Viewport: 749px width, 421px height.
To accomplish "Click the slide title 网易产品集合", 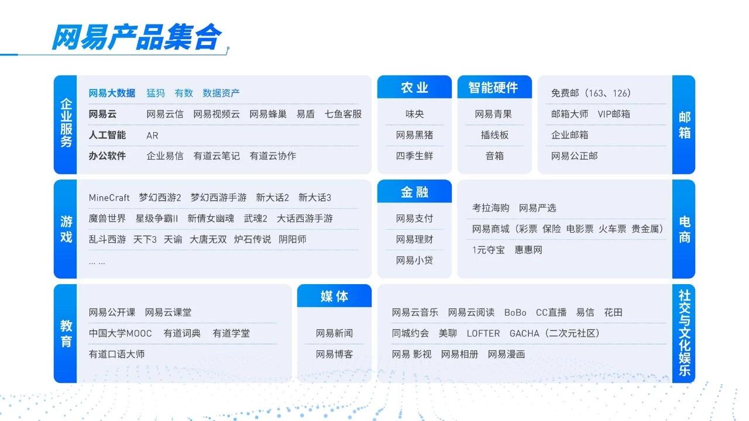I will pos(136,37).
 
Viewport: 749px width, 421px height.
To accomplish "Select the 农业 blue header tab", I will pos(414,88).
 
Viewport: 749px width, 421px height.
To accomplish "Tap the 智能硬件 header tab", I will pos(494,88).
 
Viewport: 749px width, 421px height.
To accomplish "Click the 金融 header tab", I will pos(414,192).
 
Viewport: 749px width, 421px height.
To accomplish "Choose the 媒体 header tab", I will pos(334,296).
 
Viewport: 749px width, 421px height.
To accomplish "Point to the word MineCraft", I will pos(109,198).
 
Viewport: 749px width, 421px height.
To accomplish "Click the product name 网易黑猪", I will pos(414,135).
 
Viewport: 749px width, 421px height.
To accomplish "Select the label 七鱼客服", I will pos(343,114).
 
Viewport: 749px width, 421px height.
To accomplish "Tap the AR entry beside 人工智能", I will pos(152,135).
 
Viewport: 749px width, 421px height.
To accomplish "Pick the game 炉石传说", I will pos(252,239).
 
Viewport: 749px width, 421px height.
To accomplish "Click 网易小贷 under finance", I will pos(414,260).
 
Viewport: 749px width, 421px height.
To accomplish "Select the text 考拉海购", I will pos(490,208).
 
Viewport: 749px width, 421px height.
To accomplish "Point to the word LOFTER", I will pos(483,333).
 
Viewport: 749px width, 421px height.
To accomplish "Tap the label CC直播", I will pos(551,312).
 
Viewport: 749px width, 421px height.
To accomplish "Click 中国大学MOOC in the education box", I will pos(120,333).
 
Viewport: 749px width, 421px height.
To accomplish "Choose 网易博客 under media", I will pos(334,354).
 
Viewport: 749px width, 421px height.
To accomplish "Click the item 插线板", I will pos(494,135).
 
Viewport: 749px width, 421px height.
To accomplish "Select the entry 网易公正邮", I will pos(574,156).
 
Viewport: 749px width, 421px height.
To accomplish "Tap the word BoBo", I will pos(515,312).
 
